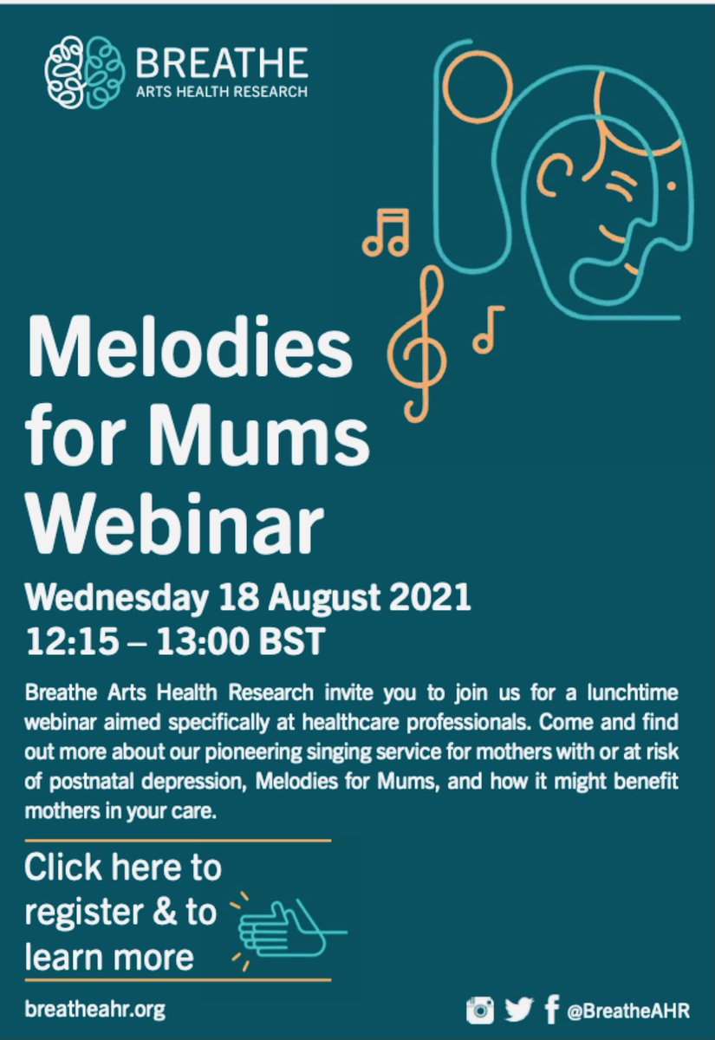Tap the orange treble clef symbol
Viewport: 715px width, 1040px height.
(420, 342)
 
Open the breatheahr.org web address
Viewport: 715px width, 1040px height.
(94, 1010)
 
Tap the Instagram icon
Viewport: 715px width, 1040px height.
(480, 1010)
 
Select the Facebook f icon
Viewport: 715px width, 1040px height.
(551, 1010)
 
